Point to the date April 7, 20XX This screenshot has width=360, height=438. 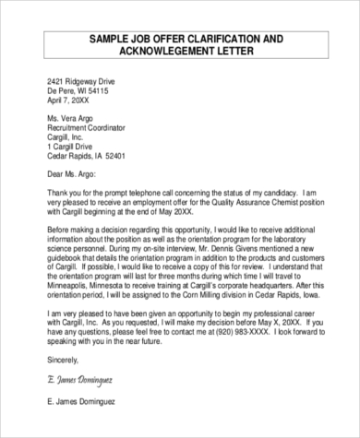coord(75,102)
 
